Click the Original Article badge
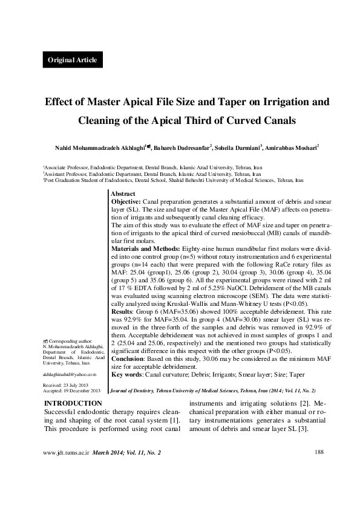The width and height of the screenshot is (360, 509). tap(73, 60)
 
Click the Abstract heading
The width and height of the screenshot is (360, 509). tap(124, 193)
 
